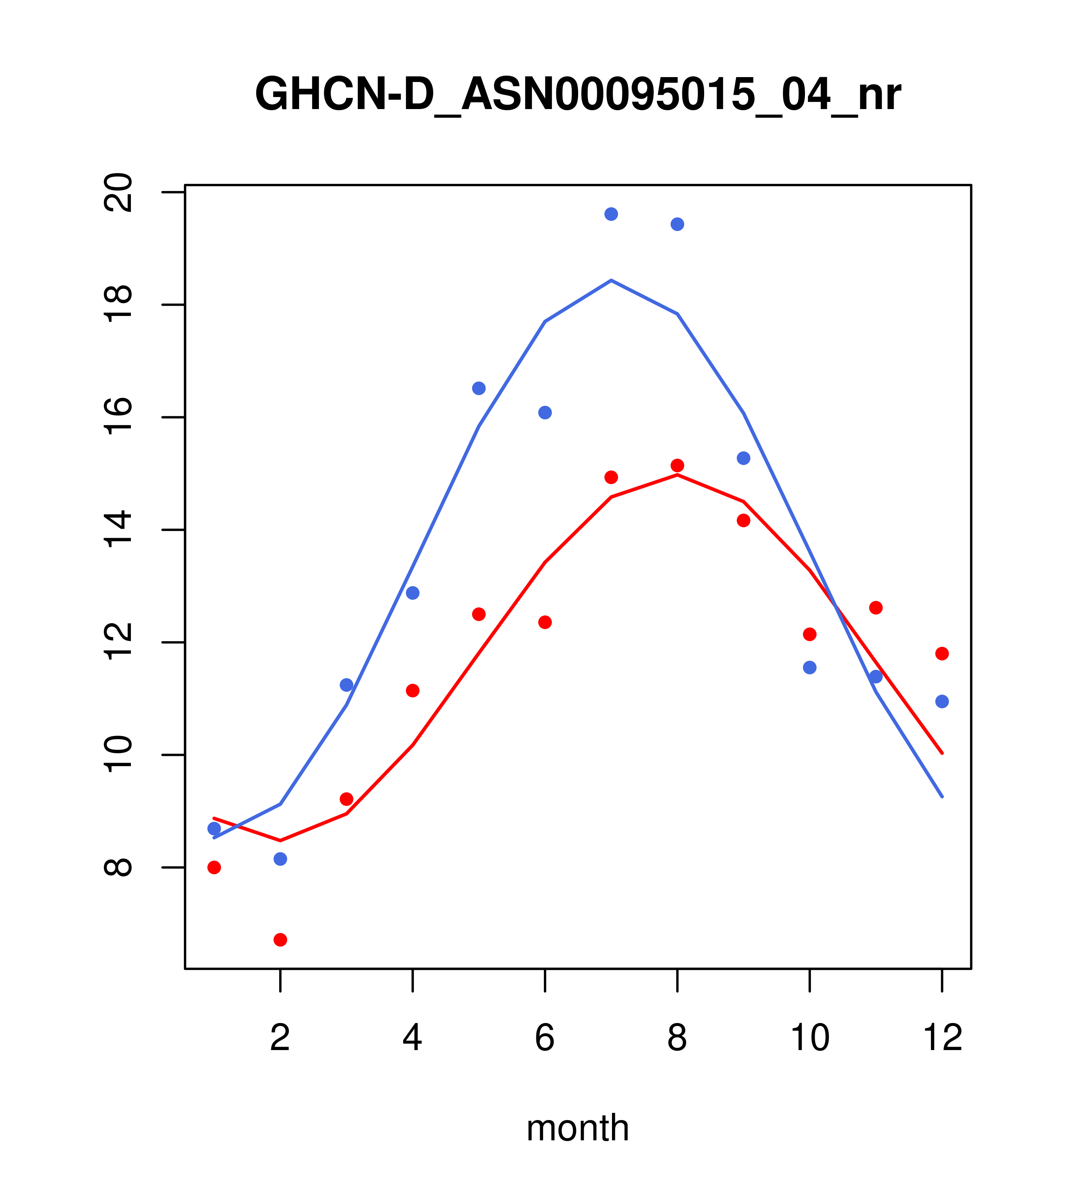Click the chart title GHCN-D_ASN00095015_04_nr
[578, 95]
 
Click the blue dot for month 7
[611, 214]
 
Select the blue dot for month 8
[677, 224]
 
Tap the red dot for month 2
[281, 940]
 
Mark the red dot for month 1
[214, 868]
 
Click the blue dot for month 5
[479, 389]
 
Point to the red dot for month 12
[942, 653]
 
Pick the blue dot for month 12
[942, 701]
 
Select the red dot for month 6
[545, 622]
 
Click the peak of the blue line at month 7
[611, 281]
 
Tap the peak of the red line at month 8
[677, 475]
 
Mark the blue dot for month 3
[347, 685]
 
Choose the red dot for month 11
[876, 608]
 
